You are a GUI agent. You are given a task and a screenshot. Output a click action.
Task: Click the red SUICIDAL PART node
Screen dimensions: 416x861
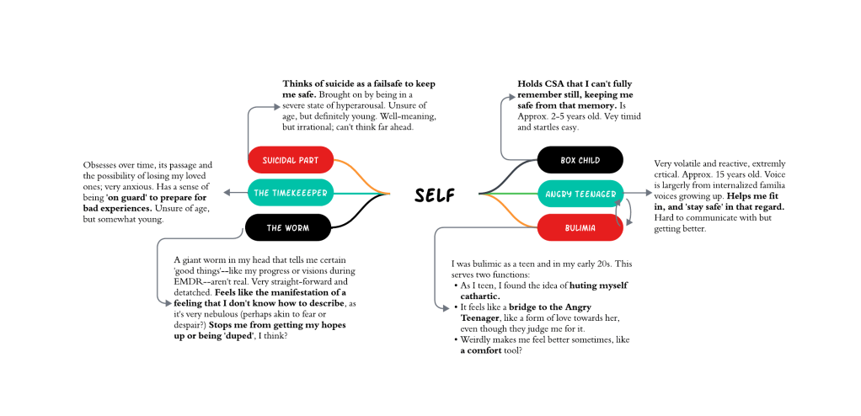click(x=291, y=158)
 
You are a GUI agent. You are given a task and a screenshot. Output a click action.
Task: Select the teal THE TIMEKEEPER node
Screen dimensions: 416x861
click(x=291, y=193)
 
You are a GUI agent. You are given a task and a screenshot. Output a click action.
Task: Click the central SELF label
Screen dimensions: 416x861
click(x=435, y=195)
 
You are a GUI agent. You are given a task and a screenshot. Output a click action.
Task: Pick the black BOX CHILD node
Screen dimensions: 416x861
click(x=580, y=159)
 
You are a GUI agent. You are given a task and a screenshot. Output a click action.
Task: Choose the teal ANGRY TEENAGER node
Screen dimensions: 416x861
click(x=580, y=194)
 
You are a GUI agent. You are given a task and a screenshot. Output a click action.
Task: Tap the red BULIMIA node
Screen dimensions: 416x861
click(x=580, y=227)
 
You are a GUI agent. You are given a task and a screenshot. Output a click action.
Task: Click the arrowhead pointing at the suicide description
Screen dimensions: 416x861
click(x=277, y=105)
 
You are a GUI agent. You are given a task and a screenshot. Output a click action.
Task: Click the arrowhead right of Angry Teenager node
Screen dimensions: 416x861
click(x=649, y=193)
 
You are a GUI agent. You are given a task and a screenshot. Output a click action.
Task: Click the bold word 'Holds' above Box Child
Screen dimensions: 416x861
click(x=532, y=83)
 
